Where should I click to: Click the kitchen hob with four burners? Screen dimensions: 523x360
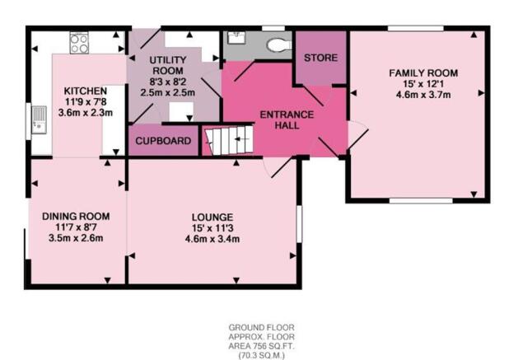pyautogui.click(x=79, y=43)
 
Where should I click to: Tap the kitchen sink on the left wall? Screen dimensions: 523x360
pyautogui.click(x=39, y=119)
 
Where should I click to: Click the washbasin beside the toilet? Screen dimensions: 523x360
pyautogui.click(x=237, y=37)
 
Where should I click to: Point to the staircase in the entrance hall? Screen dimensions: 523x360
pyautogui.click(x=229, y=140)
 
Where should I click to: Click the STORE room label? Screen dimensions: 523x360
pyautogui.click(x=320, y=58)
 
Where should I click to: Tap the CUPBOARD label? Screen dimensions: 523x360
pyautogui.click(x=163, y=141)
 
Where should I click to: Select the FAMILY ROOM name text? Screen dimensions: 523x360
pyautogui.click(x=423, y=72)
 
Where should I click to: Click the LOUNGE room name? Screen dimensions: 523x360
pyautogui.click(x=212, y=217)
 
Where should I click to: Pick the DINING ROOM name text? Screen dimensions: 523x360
pyautogui.click(x=76, y=216)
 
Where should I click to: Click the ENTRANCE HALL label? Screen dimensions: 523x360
pyautogui.click(x=287, y=120)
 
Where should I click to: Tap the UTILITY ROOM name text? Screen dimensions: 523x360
pyautogui.click(x=168, y=65)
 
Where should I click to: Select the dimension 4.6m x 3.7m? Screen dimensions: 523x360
pyautogui.click(x=423, y=95)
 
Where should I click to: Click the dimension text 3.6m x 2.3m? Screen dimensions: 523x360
pyautogui.click(x=86, y=113)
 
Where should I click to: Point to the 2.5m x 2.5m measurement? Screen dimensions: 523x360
pyautogui.click(x=167, y=92)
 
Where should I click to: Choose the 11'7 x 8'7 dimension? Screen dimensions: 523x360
pyautogui.click(x=76, y=227)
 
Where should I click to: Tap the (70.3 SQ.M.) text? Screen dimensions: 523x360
pyautogui.click(x=262, y=356)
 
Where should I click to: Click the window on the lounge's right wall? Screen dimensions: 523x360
pyautogui.click(x=299, y=224)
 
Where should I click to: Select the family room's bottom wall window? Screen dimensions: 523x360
pyautogui.click(x=421, y=200)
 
